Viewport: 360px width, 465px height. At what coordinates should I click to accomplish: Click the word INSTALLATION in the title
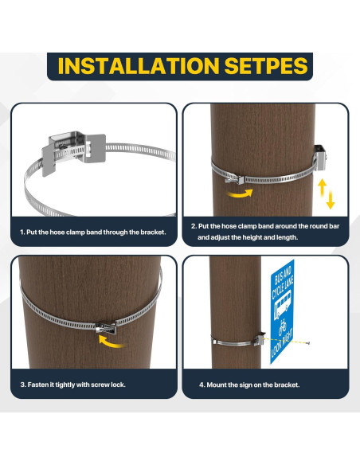[x=139, y=66]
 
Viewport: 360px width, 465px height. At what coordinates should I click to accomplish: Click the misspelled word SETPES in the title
[x=266, y=66]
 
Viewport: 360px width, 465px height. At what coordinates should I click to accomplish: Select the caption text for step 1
[x=93, y=232]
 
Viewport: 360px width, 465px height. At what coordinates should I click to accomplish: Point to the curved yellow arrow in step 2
[x=240, y=194]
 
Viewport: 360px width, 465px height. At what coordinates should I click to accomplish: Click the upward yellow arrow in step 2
[x=322, y=187]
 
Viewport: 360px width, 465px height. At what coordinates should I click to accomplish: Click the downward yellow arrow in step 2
[x=331, y=200]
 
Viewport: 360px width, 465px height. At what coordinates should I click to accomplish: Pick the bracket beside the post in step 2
[x=320, y=158]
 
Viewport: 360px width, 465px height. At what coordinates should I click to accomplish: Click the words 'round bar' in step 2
[x=324, y=226]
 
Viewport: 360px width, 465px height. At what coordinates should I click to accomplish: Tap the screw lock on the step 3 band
[x=106, y=327]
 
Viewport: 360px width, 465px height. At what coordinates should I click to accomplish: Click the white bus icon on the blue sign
[x=283, y=305]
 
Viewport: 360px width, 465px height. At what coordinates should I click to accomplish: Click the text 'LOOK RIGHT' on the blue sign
[x=282, y=342]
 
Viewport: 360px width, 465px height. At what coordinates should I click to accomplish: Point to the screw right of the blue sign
[x=307, y=343]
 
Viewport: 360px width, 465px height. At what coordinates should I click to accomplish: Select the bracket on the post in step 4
[x=259, y=338]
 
